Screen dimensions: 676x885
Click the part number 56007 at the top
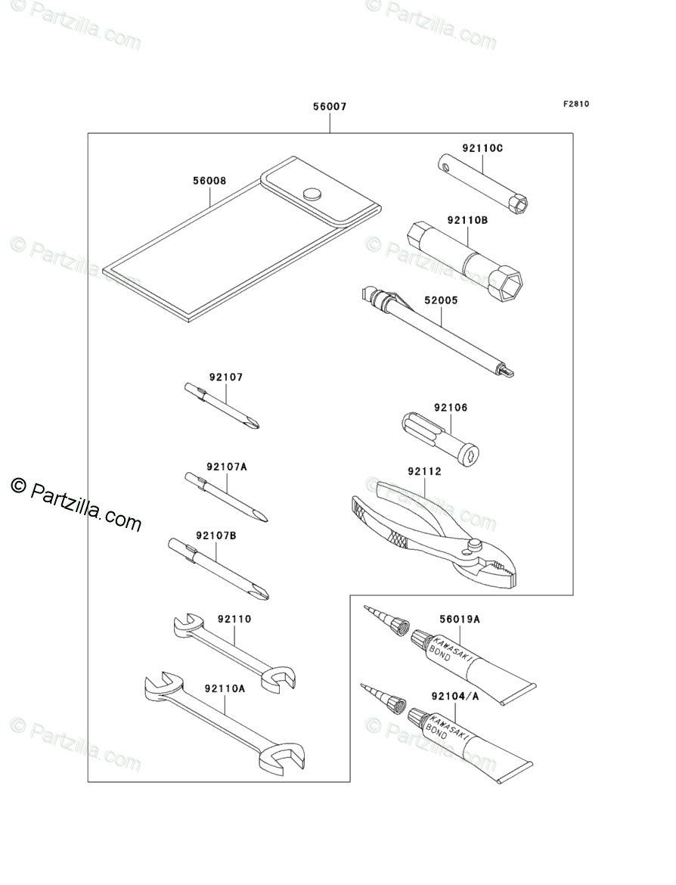coord(330,107)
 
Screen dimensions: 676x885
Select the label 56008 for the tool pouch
coord(209,182)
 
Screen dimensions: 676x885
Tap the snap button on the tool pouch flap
coord(312,194)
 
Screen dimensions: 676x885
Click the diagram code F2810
coord(575,104)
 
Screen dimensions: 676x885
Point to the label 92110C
coord(482,148)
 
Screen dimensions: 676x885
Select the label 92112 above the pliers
coord(424,471)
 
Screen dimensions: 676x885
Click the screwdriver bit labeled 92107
coord(222,408)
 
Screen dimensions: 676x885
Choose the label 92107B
coord(216,536)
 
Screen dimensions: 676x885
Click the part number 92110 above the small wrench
coord(234,619)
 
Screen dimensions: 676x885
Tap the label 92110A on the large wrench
coord(225,688)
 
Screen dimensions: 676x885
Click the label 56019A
coord(459,619)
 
